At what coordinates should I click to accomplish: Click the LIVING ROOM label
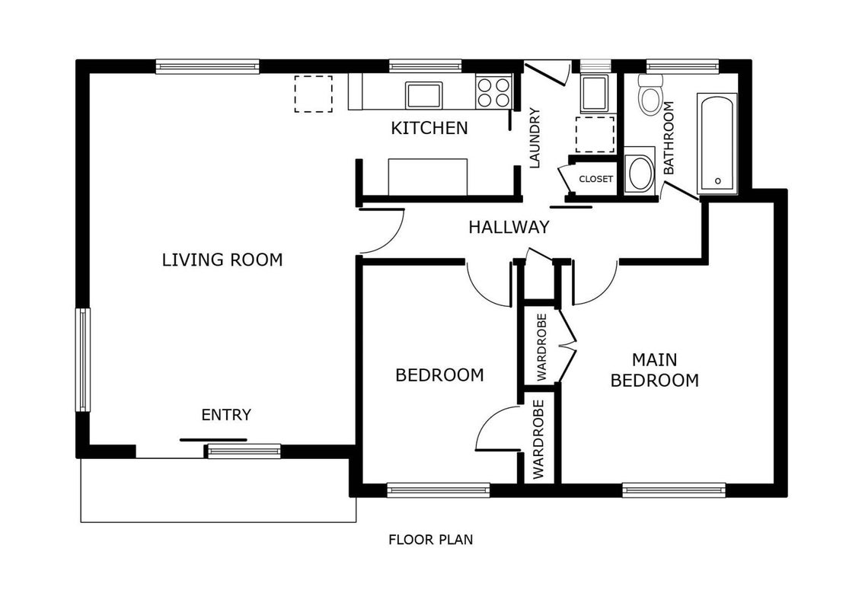[222, 260]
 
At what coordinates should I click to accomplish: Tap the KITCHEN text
[429, 128]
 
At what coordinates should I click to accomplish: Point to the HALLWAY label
[509, 227]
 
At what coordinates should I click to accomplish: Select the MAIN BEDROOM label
[655, 370]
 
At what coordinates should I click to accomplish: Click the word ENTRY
[226, 414]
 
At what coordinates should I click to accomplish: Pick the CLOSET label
[596, 179]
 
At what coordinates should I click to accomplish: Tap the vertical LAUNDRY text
[535, 138]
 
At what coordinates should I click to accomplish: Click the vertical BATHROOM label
[669, 138]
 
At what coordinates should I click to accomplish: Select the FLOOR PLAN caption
[430, 540]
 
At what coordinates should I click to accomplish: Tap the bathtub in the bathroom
[717, 143]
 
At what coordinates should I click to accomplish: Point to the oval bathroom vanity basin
[640, 173]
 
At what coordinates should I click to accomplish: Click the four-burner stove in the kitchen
[493, 92]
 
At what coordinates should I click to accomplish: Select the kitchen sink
[423, 95]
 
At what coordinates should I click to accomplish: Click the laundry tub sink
[594, 94]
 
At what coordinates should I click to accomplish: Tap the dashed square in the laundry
[595, 134]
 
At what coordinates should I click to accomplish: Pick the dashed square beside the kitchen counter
[314, 94]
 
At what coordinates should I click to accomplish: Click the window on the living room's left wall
[82, 360]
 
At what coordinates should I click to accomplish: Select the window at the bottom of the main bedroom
[674, 489]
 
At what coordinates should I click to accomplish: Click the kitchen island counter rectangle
[428, 177]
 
